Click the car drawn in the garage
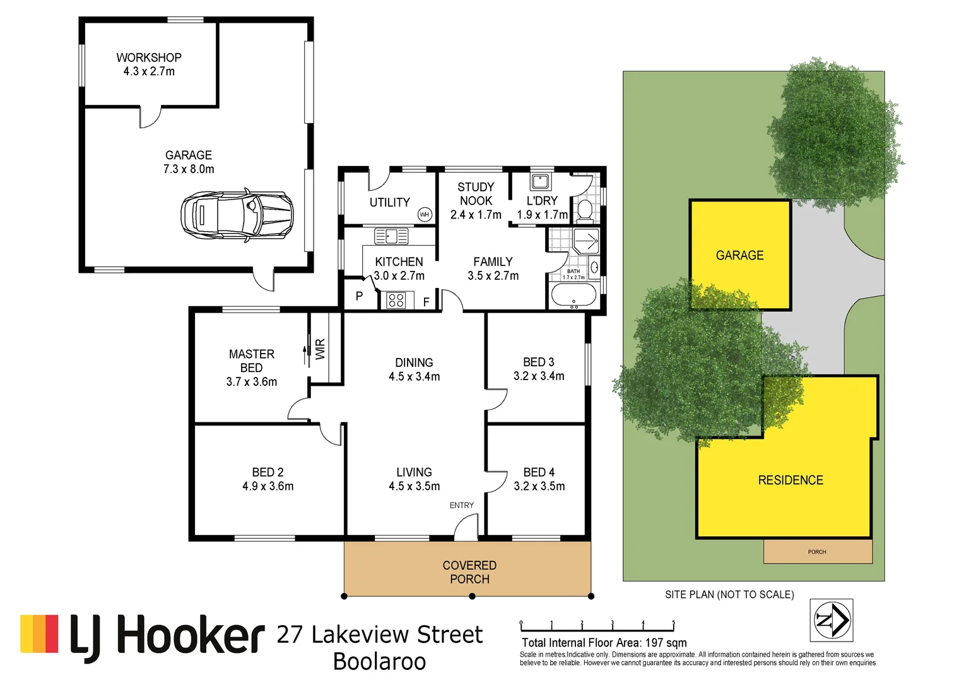click(x=237, y=215)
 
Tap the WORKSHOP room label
click(x=149, y=57)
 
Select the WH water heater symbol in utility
click(x=425, y=215)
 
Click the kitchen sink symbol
click(x=391, y=236)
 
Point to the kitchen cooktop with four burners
click(x=396, y=301)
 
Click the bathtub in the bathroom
click(x=573, y=295)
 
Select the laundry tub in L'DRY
click(x=540, y=182)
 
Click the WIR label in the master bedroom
click(x=320, y=349)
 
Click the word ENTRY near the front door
click(x=461, y=505)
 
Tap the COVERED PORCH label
click(x=469, y=572)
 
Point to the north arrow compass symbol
click(x=832, y=620)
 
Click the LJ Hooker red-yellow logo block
click(x=39, y=633)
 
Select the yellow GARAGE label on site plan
click(x=739, y=255)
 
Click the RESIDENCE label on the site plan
click(x=791, y=480)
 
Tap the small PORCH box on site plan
click(x=818, y=551)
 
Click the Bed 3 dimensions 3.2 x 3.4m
click(x=539, y=376)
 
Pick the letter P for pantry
click(x=359, y=296)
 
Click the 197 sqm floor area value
click(x=666, y=643)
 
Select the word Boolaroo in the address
click(x=379, y=662)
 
